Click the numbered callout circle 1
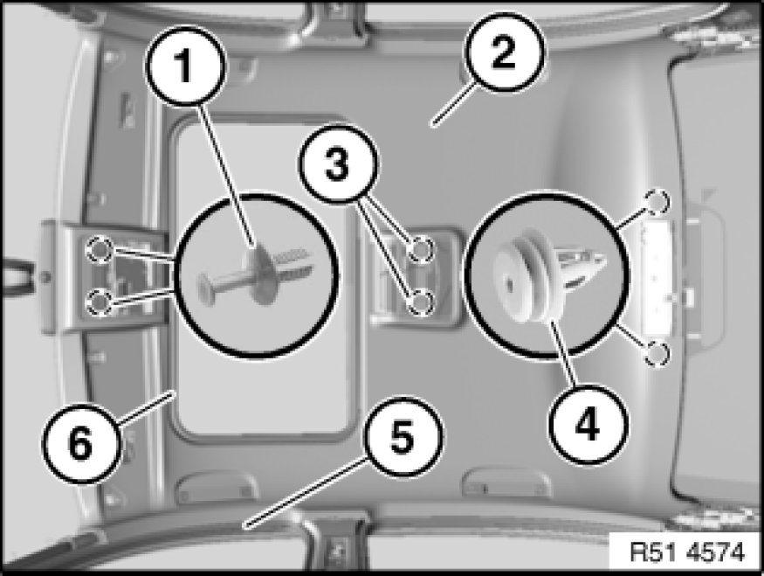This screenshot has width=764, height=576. pyautogui.click(x=185, y=66)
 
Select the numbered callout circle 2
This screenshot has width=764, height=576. pyautogui.click(x=505, y=52)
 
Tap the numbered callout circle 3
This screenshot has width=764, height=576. pyautogui.click(x=338, y=163)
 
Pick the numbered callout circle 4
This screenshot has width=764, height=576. pyautogui.click(x=587, y=424)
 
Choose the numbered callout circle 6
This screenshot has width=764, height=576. pyautogui.click(x=81, y=443)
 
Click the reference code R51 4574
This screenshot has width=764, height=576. pyautogui.click(x=687, y=552)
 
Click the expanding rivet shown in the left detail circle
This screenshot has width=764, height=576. pyautogui.click(x=256, y=275)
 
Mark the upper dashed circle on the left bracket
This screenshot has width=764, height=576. pyautogui.click(x=100, y=250)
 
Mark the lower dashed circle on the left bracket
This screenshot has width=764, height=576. pyautogui.click(x=100, y=302)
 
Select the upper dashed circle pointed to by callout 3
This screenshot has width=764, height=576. pyautogui.click(x=420, y=249)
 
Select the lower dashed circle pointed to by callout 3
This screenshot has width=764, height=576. pyautogui.click(x=420, y=302)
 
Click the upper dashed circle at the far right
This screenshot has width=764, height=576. pyautogui.click(x=657, y=201)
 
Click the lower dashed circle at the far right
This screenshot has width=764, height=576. pyautogui.click(x=657, y=354)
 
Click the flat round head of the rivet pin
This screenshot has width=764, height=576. pyautogui.click(x=203, y=287)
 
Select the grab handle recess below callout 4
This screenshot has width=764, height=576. pyautogui.click(x=506, y=482)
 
